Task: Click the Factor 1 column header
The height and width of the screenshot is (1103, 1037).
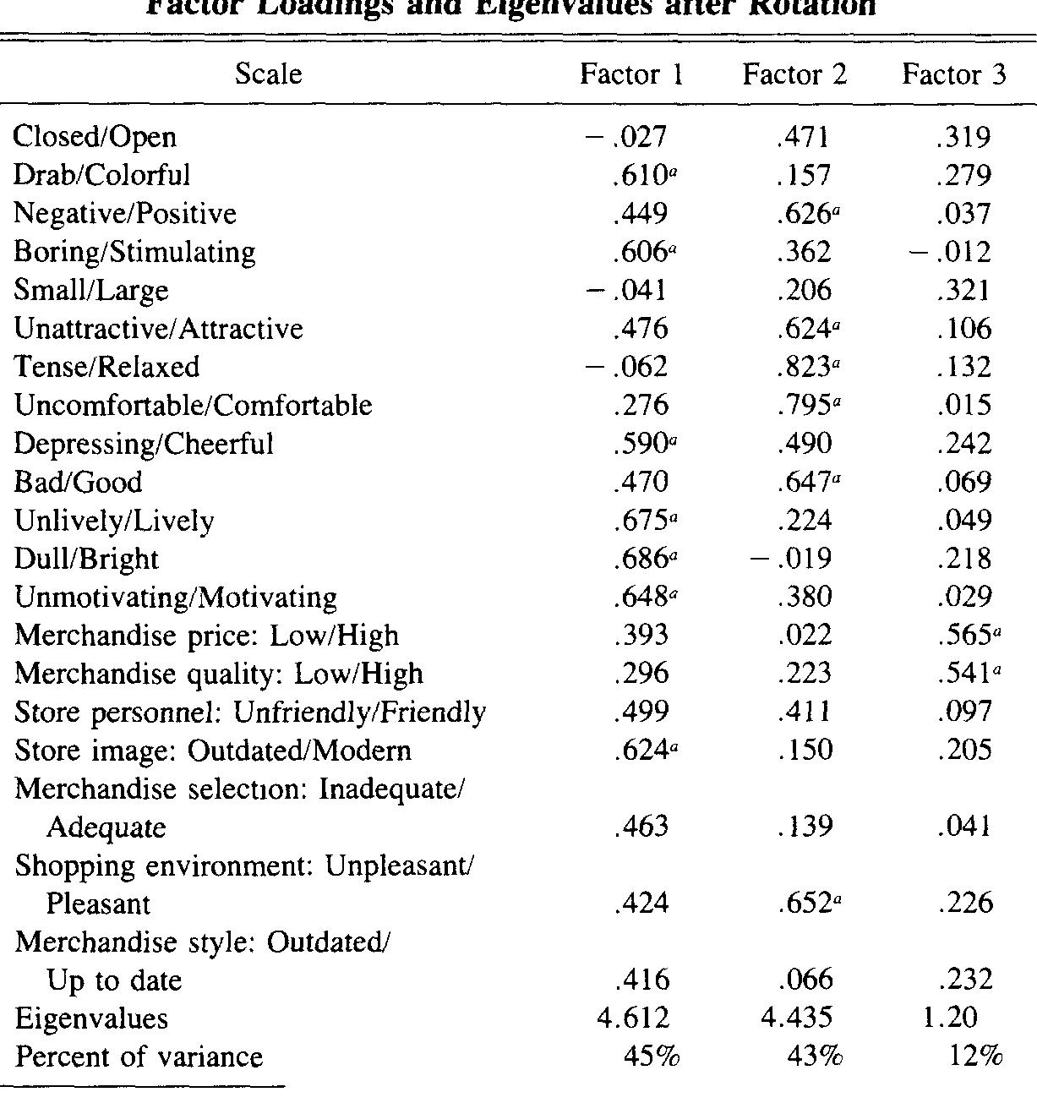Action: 631,75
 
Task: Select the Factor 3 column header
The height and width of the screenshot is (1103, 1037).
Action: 954,75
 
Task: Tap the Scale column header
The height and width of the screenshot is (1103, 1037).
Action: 268,74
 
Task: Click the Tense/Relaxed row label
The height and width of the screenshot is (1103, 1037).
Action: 107,367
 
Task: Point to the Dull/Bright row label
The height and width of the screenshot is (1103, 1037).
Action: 86,559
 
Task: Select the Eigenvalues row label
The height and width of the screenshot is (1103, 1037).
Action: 91,1018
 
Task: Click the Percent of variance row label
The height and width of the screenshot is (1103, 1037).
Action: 139,1057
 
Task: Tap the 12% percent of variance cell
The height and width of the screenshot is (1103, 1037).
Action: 975,1057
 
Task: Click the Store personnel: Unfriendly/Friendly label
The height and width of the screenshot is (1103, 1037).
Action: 250,713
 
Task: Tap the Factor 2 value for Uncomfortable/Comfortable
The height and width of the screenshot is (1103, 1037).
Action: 807,405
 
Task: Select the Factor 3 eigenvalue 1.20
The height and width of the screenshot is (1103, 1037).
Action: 950,1018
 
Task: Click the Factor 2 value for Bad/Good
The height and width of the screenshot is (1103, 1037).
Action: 807,482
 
